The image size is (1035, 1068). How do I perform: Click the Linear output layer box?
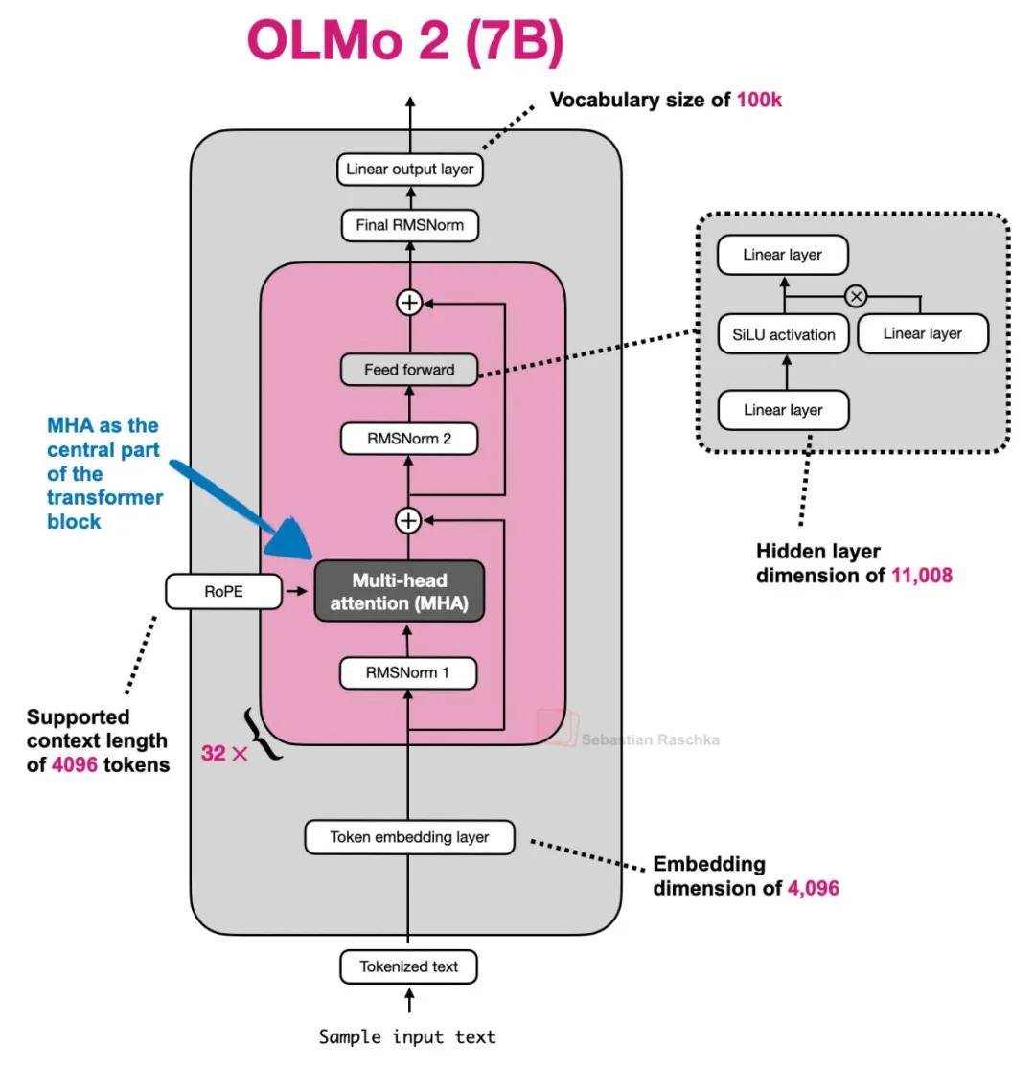tap(409, 170)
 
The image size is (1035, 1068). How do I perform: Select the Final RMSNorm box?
tap(409, 227)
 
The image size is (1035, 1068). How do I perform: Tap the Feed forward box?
tap(409, 370)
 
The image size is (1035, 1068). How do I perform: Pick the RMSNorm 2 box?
tap(409, 440)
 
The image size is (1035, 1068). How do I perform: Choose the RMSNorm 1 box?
tap(409, 672)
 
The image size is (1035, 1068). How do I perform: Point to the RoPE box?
tap(223, 592)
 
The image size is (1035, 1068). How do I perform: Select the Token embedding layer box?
tap(409, 837)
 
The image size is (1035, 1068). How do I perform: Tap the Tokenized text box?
tap(409, 966)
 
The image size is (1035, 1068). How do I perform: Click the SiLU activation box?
tap(783, 334)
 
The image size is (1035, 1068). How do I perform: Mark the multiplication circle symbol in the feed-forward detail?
tap(856, 296)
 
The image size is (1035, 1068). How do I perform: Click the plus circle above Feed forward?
tap(409, 303)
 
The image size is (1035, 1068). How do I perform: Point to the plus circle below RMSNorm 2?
tap(409, 520)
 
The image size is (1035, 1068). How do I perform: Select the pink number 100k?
tap(759, 99)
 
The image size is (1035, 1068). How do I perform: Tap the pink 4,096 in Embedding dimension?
tap(813, 888)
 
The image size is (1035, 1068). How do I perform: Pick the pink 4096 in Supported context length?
tap(75, 765)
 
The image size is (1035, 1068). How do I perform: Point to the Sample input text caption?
tap(407, 1036)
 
